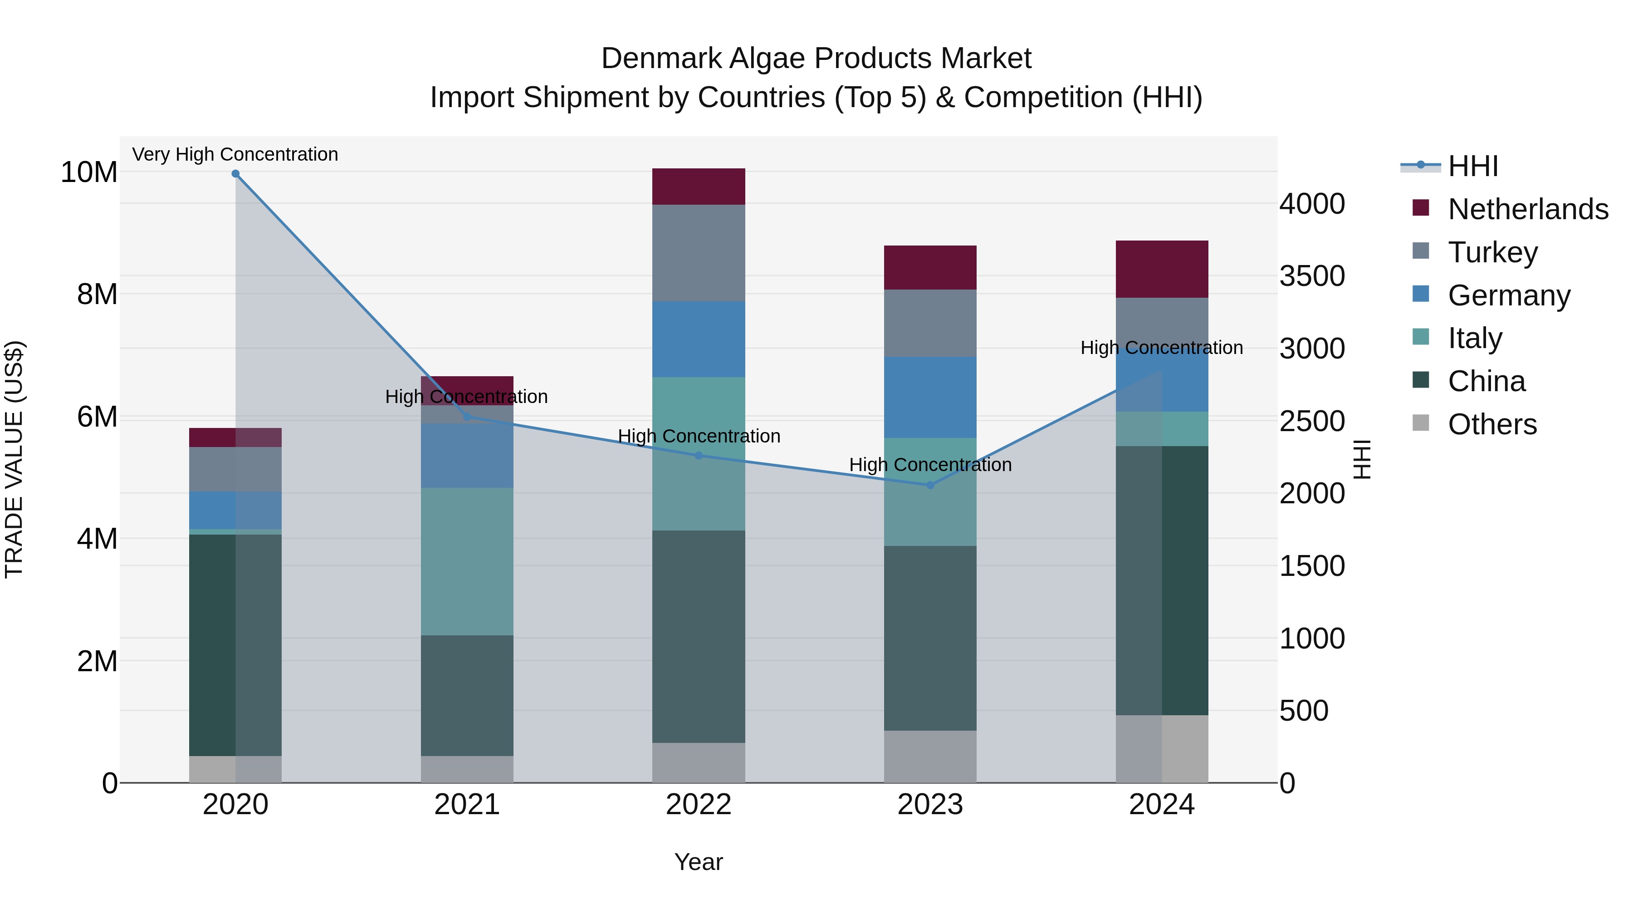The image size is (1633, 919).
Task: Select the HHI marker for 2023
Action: point(930,485)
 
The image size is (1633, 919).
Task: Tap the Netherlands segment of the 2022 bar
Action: point(699,187)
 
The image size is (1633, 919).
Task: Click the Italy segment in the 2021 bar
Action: point(467,561)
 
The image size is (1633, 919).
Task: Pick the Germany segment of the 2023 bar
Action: point(930,397)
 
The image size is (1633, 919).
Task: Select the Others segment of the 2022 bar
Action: point(699,762)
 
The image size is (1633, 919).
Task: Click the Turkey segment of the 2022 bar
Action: point(699,253)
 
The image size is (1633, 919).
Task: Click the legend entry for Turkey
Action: point(1492,252)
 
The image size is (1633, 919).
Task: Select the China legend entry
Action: point(1486,381)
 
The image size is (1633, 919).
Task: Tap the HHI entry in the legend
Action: point(1472,166)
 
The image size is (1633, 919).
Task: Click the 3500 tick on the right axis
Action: point(1311,276)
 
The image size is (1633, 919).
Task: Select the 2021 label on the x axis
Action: point(467,805)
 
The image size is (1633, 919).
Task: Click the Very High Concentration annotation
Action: point(235,154)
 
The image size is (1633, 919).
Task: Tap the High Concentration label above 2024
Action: point(1161,348)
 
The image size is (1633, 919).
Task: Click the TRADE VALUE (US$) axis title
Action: point(14,459)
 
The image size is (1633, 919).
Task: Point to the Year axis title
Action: point(699,862)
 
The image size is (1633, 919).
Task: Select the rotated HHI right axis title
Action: point(1362,459)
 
